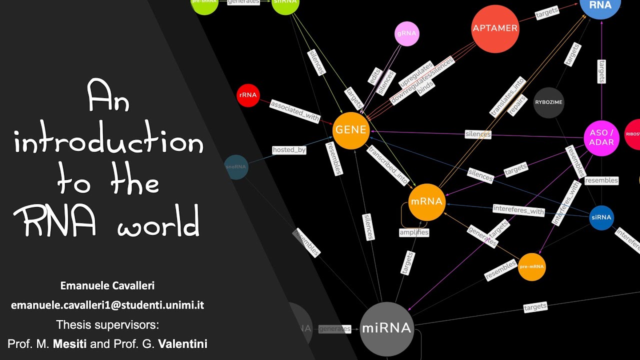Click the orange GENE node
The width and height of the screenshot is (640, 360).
(x=351, y=130)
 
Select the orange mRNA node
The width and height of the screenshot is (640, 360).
(x=426, y=202)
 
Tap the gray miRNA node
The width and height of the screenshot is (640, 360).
(x=386, y=328)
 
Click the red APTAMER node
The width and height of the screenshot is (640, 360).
(x=495, y=28)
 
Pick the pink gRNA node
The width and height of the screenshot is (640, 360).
(x=406, y=34)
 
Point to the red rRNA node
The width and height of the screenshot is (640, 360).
(x=248, y=95)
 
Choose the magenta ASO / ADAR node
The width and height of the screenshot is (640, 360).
(x=601, y=138)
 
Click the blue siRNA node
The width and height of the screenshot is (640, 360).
(x=601, y=217)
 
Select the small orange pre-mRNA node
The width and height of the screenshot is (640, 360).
(x=531, y=267)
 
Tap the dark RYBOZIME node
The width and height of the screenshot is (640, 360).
(x=548, y=102)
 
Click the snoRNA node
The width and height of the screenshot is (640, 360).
(x=236, y=167)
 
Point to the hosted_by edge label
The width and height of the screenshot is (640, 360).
(x=289, y=150)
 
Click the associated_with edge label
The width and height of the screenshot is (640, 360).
(x=294, y=111)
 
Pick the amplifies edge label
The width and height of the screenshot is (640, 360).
(x=414, y=232)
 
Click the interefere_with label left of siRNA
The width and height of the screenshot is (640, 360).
(x=518, y=210)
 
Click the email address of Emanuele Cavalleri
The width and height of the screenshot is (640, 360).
(x=107, y=305)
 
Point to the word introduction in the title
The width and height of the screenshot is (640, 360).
(x=108, y=143)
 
